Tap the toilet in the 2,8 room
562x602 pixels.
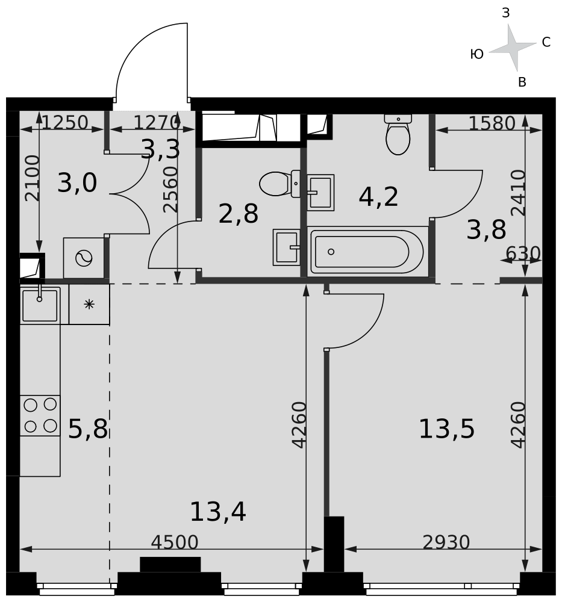pos(280,184)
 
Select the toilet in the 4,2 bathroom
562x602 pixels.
pos(398,134)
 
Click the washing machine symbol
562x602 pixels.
pos(84,258)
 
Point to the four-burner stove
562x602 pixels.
pos(40,415)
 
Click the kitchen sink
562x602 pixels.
pos(40,305)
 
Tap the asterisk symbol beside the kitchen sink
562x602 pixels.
pos(89,305)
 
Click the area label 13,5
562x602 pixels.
pos(446,429)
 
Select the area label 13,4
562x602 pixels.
pos(218,512)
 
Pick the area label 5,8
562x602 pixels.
pos(88,429)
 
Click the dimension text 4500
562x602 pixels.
pos(175,542)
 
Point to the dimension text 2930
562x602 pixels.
pos(446,542)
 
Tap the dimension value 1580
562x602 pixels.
pos(492,123)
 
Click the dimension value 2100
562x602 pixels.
pos(32,178)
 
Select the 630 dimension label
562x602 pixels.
pos(523,253)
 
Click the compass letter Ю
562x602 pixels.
pos(476,54)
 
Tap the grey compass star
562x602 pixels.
pos(513,48)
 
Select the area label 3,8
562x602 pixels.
pos(486,230)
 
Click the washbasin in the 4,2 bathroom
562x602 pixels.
pos(320,193)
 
